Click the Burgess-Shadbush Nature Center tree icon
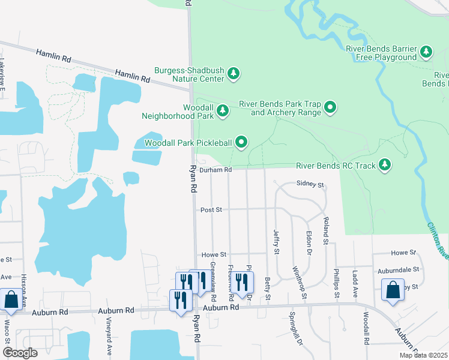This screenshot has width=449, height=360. [x=234, y=74]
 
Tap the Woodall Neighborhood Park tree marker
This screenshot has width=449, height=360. [x=223, y=110]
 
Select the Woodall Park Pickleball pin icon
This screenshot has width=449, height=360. [x=241, y=142]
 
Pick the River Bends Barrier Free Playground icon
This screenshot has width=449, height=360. [x=426, y=52]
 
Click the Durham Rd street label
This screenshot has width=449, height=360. [x=215, y=170]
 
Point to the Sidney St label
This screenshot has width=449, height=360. [x=310, y=184]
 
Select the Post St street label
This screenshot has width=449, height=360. [x=211, y=210]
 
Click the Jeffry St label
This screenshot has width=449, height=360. [x=277, y=242]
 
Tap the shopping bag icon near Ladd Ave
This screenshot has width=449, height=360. [x=393, y=290]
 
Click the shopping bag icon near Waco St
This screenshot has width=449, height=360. [x=11, y=299]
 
